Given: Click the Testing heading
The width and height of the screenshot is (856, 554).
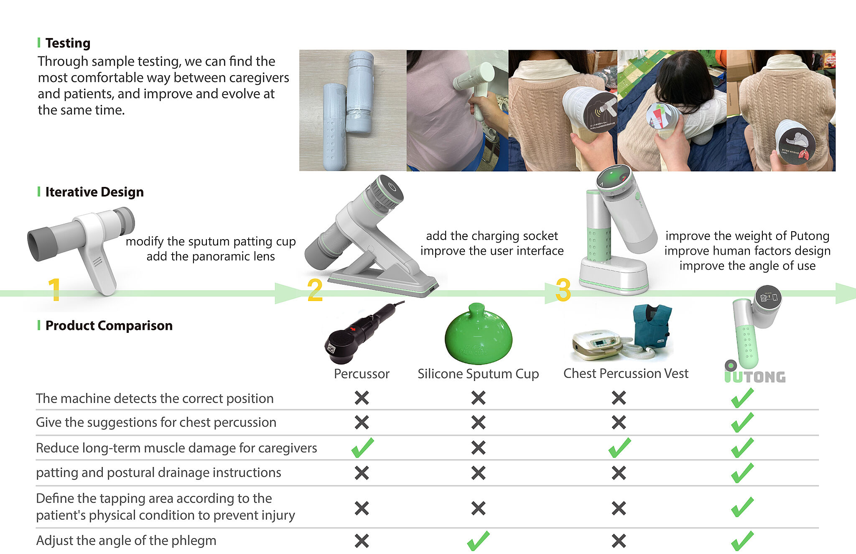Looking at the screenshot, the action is pyautogui.click(x=68, y=43).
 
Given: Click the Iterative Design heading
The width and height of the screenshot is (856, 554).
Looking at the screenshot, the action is pyautogui.click(x=94, y=192).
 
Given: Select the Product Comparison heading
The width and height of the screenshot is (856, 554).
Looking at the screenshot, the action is pyautogui.click(x=109, y=325).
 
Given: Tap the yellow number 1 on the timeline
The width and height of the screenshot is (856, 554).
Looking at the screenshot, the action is pyautogui.click(x=54, y=289).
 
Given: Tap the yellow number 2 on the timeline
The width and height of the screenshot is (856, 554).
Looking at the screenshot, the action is pyautogui.click(x=315, y=290).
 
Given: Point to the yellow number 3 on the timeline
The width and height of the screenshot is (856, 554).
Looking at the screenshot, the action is pyautogui.click(x=563, y=290).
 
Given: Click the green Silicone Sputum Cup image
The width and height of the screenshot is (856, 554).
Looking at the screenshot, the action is pyautogui.click(x=478, y=333).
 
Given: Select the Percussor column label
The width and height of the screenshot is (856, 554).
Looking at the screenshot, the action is pyautogui.click(x=362, y=373).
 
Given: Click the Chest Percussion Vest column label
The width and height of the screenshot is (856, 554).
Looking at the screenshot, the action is pyautogui.click(x=626, y=373).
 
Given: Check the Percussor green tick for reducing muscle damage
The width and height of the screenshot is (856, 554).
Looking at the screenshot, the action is pyautogui.click(x=362, y=447).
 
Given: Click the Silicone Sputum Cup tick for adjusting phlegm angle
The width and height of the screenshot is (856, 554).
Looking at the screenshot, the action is pyautogui.click(x=478, y=541).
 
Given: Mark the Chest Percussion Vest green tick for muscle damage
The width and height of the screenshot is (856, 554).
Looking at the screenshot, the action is pyautogui.click(x=619, y=447).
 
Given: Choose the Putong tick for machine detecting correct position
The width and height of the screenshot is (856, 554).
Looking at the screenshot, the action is pyautogui.click(x=743, y=398).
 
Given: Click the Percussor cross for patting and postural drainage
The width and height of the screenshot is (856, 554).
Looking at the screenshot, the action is pyautogui.click(x=362, y=473).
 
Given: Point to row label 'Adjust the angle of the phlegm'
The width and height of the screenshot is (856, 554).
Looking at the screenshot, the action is pyautogui.click(x=126, y=541).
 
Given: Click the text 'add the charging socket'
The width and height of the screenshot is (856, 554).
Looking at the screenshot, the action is pyautogui.click(x=492, y=236).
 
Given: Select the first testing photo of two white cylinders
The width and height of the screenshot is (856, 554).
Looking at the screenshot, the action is pyautogui.click(x=353, y=110).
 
